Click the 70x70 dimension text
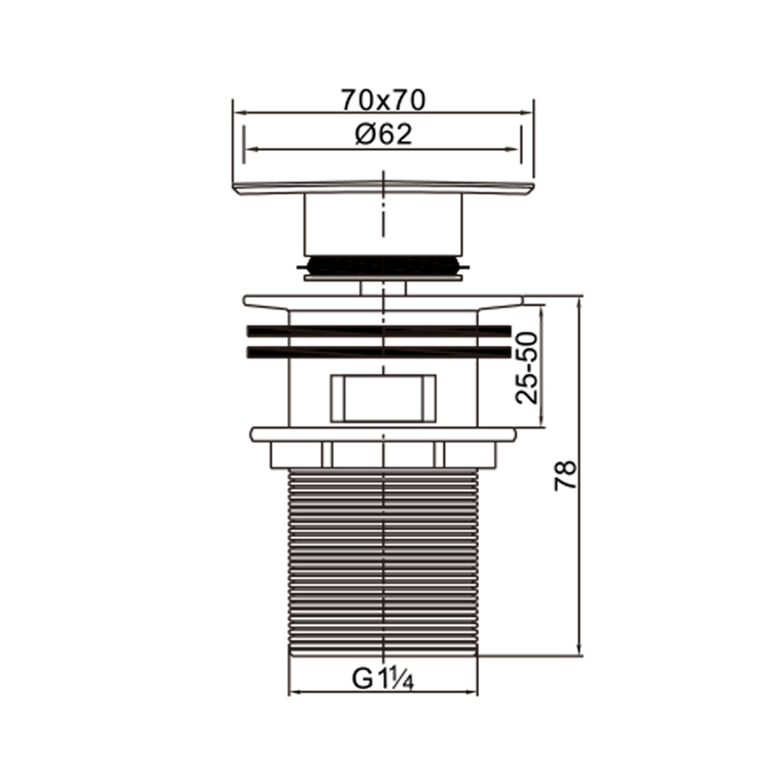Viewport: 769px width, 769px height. [x=384, y=100]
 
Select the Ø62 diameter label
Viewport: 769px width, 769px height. [x=384, y=134]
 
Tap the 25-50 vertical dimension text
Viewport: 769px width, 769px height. [x=527, y=368]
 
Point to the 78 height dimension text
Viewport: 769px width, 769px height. [x=565, y=475]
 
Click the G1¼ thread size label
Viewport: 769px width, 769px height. [x=383, y=680]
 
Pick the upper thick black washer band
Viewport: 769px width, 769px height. [x=379, y=331]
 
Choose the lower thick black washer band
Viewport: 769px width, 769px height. [x=379, y=352]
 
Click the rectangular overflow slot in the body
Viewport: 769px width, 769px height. [x=384, y=398]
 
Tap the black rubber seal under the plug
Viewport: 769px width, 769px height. [x=383, y=265]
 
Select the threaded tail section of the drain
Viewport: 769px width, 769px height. [x=383, y=561]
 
